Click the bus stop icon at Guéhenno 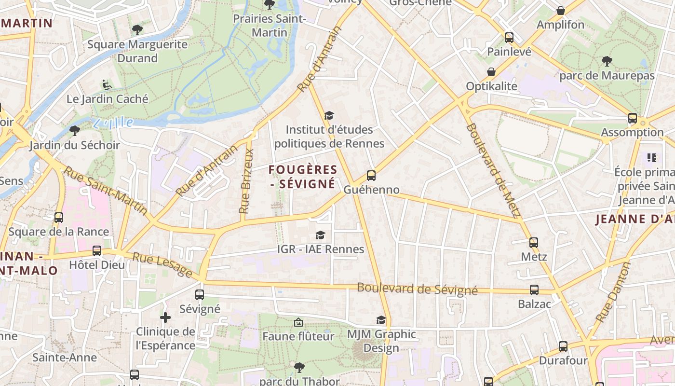[x=371, y=176]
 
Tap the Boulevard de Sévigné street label [x=417, y=289]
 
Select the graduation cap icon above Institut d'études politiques [x=329, y=116]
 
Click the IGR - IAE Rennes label [x=321, y=249]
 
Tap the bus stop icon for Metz [x=533, y=242]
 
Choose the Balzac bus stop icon [x=534, y=290]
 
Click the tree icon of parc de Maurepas [x=607, y=61]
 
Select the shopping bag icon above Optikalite [x=491, y=72]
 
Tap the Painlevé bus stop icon [x=509, y=38]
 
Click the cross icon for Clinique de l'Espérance [x=165, y=317]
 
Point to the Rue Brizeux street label [x=246, y=181]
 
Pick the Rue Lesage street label [x=162, y=265]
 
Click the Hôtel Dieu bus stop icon [x=97, y=251]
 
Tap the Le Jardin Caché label [x=108, y=99]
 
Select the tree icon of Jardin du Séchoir [x=75, y=130]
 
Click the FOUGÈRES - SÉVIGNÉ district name [x=302, y=177]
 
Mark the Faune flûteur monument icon [x=298, y=322]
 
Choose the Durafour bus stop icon [x=563, y=346]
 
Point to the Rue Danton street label [x=613, y=292]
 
